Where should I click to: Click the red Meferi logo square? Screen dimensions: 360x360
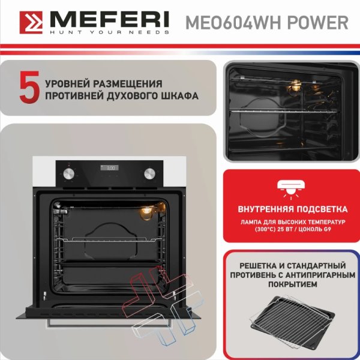pyautogui.click(x=31, y=23)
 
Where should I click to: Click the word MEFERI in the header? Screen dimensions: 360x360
pyautogui.click(x=109, y=20)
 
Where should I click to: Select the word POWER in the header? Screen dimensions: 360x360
pyautogui.click(x=318, y=23)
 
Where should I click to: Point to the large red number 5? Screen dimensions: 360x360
pyautogui.click(x=29, y=87)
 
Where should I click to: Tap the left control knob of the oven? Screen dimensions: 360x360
pyautogui.click(x=68, y=173)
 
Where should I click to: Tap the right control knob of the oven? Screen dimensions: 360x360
pyautogui.click(x=149, y=173)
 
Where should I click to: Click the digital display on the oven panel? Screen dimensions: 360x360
pyautogui.click(x=110, y=168)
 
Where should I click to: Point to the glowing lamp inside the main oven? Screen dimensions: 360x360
pyautogui.click(x=146, y=212)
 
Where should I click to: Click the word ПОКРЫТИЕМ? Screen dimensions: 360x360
pyautogui.click(x=293, y=284)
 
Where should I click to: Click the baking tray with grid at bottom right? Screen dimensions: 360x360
pyautogui.click(x=292, y=319)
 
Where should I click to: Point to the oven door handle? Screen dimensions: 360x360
pyautogui.click(x=109, y=324)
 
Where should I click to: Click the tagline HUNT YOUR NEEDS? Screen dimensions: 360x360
pyautogui.click(x=109, y=32)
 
